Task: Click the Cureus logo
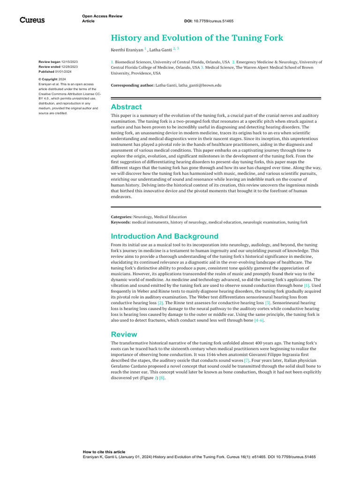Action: click(32, 20)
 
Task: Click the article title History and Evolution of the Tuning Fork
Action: click(197, 38)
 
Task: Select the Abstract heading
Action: click(126, 107)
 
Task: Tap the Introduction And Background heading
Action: click(165, 236)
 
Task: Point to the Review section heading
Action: click(124, 334)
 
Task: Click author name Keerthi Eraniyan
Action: click(127, 49)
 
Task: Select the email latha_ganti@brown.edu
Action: click(200, 86)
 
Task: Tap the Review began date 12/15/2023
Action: click(69, 62)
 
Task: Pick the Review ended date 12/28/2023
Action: click(69, 67)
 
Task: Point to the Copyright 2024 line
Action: click(52, 79)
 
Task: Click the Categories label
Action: click(121, 217)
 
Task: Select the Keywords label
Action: click(121, 222)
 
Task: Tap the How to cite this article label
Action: click(104, 452)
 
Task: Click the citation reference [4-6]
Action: click(259, 320)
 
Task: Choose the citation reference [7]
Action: click(247, 360)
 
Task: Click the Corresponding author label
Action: click(132, 86)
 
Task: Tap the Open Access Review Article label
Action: click(102, 18)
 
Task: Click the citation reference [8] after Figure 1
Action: click(162, 377)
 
